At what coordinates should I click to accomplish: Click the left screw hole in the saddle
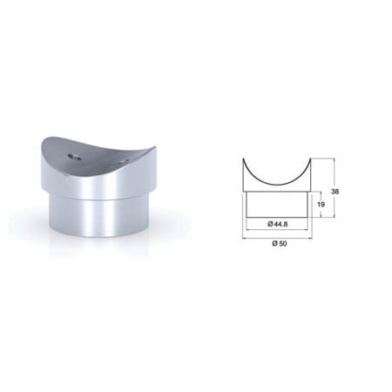click(x=75, y=157)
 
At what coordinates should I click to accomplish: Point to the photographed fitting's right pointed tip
click(x=157, y=147)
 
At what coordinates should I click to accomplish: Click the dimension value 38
click(x=335, y=192)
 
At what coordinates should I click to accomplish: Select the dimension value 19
click(x=321, y=205)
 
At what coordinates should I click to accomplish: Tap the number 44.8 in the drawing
click(x=280, y=224)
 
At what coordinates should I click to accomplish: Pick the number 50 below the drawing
click(x=283, y=244)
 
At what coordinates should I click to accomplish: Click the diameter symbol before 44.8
click(x=270, y=224)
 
